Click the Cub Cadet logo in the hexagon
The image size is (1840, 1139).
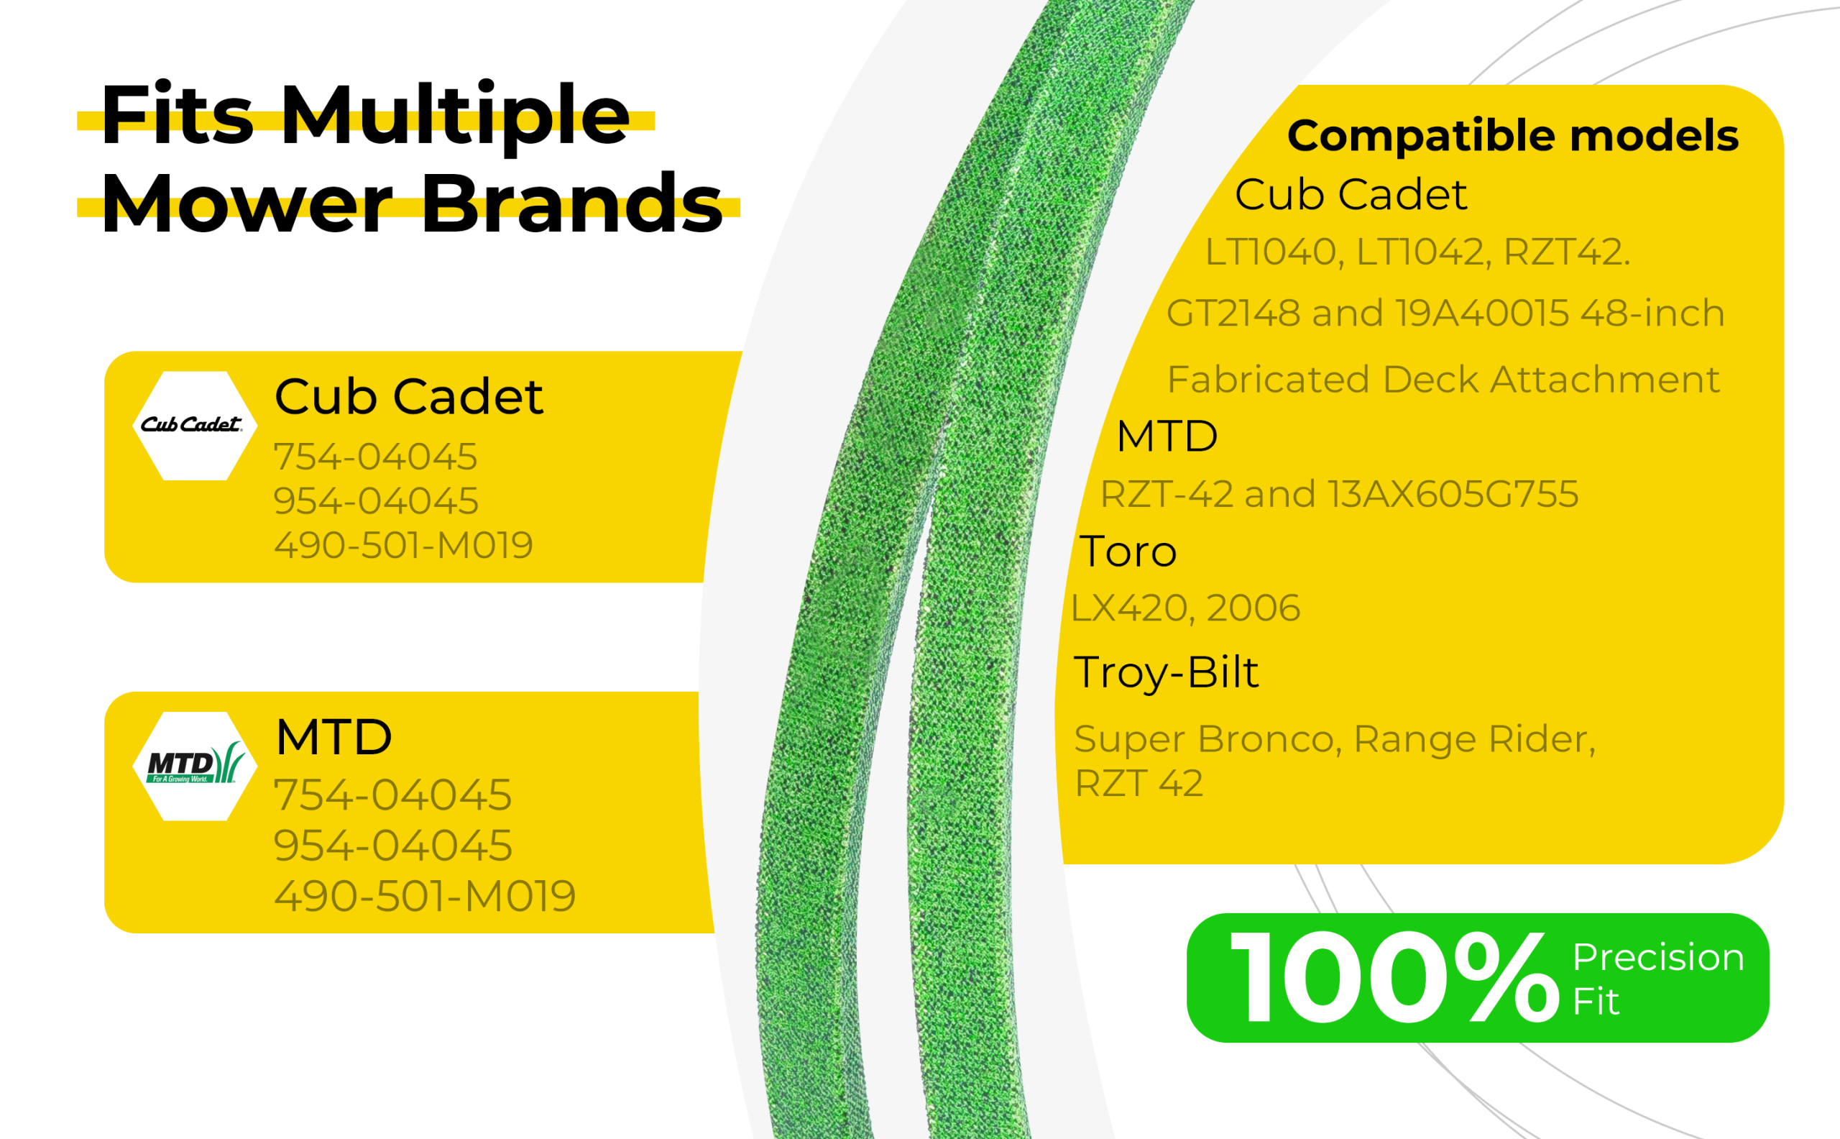(192, 425)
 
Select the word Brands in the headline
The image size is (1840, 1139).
(572, 203)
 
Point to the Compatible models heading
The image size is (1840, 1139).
(1512, 137)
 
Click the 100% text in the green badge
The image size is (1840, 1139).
(1394, 977)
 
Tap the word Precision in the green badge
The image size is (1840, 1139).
(1659, 958)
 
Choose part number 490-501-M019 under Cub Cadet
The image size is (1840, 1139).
(403, 544)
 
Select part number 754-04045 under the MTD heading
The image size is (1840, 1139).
(392, 795)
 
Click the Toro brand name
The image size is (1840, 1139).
(1128, 552)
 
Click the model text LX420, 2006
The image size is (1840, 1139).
(1186, 608)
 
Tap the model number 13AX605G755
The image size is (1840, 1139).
(1453, 494)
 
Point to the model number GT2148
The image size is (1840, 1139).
(1233, 314)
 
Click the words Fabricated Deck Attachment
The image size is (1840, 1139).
(1443, 380)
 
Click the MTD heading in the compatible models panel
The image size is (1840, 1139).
(1167, 436)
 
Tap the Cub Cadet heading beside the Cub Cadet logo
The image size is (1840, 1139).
(409, 396)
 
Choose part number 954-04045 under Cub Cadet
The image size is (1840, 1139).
(376, 501)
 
